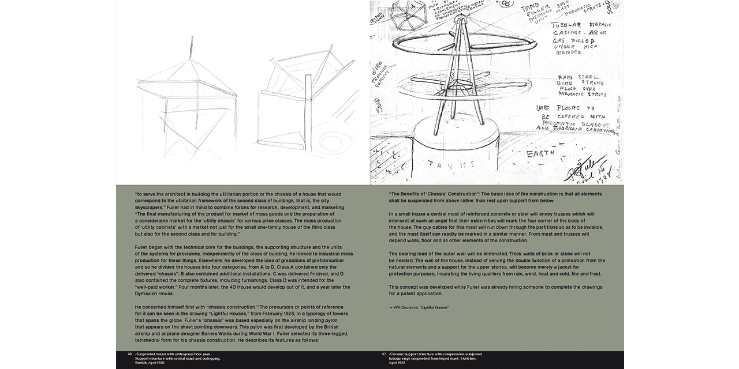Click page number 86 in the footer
coord(122,353)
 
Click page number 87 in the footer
coord(384,353)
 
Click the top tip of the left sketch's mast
coord(192,37)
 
